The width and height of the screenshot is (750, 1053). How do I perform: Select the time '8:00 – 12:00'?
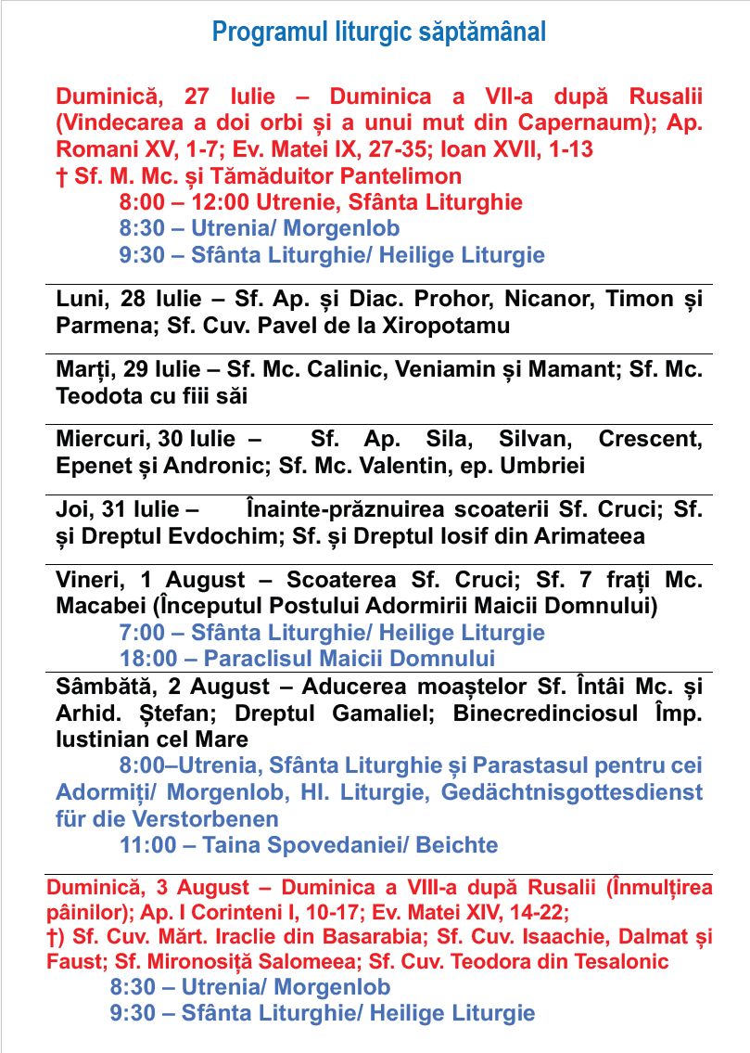174,202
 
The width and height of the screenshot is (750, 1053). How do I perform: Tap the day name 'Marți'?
83,369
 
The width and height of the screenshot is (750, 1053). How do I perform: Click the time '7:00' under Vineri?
139,633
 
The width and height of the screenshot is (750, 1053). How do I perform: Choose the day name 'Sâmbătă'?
103,687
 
